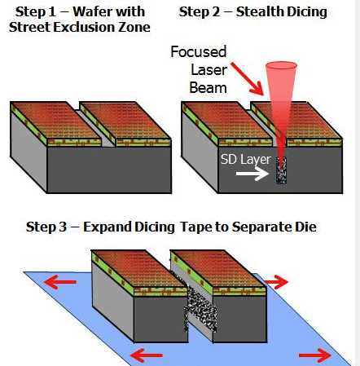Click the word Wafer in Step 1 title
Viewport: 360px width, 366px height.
(91, 11)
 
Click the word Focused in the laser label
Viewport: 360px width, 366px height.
(199, 51)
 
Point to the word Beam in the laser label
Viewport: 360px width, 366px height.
(209, 88)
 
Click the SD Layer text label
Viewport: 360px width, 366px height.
(246, 159)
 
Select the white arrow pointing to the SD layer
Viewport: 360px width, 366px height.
(252, 174)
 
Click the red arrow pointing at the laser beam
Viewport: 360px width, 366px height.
(247, 79)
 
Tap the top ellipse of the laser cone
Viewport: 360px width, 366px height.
(281, 65)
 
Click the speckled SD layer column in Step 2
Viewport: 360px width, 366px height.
(281, 170)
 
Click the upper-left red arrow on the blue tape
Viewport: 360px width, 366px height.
(60, 282)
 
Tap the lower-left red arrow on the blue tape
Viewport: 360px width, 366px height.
(147, 355)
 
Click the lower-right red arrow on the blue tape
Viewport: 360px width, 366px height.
(315, 355)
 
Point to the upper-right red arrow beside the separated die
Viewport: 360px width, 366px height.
(276, 282)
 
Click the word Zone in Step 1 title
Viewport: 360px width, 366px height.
(133, 27)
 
